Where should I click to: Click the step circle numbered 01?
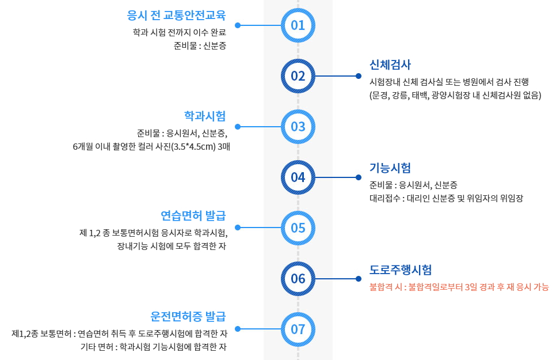click(x=298, y=25)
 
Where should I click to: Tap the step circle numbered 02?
click(x=298, y=76)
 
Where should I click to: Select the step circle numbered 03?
click(x=298, y=127)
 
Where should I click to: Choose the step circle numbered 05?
click(x=298, y=228)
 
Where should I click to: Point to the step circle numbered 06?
click(x=298, y=279)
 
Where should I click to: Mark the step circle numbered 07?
click(x=298, y=329)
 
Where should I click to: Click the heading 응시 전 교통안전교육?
click(x=176, y=14)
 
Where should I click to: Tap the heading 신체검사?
click(x=390, y=64)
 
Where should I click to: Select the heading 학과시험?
click(x=205, y=115)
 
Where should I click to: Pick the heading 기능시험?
click(x=390, y=168)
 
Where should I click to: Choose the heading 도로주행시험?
click(x=401, y=270)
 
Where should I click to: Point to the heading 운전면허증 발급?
click(x=188, y=316)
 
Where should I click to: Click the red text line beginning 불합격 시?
click(x=459, y=287)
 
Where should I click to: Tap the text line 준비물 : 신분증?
click(x=200, y=46)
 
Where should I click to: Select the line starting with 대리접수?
click(x=446, y=198)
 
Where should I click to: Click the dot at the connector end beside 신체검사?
click(x=358, y=76)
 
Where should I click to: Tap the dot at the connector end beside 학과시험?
click(x=238, y=127)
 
